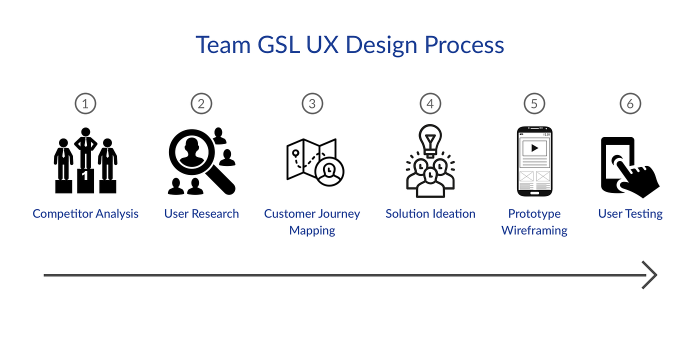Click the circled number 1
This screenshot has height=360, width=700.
(85, 104)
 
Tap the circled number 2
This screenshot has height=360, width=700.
(201, 104)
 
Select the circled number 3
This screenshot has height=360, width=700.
(312, 104)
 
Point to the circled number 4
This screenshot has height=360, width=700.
(430, 104)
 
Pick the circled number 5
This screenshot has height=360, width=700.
(534, 104)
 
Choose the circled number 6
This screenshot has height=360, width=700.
(630, 104)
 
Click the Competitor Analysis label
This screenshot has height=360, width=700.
(85, 214)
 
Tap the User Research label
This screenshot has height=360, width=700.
(201, 214)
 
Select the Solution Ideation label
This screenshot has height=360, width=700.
(430, 214)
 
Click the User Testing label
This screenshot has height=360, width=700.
(630, 214)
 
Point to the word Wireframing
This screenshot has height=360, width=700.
(534, 230)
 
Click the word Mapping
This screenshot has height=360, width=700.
(312, 230)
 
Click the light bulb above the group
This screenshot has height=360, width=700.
(430, 137)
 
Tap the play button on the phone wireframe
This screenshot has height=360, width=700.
(534, 148)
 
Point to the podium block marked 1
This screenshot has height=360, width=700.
(85, 180)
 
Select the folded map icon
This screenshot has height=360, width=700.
(307, 159)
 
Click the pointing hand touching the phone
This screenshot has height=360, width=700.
(637, 177)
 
